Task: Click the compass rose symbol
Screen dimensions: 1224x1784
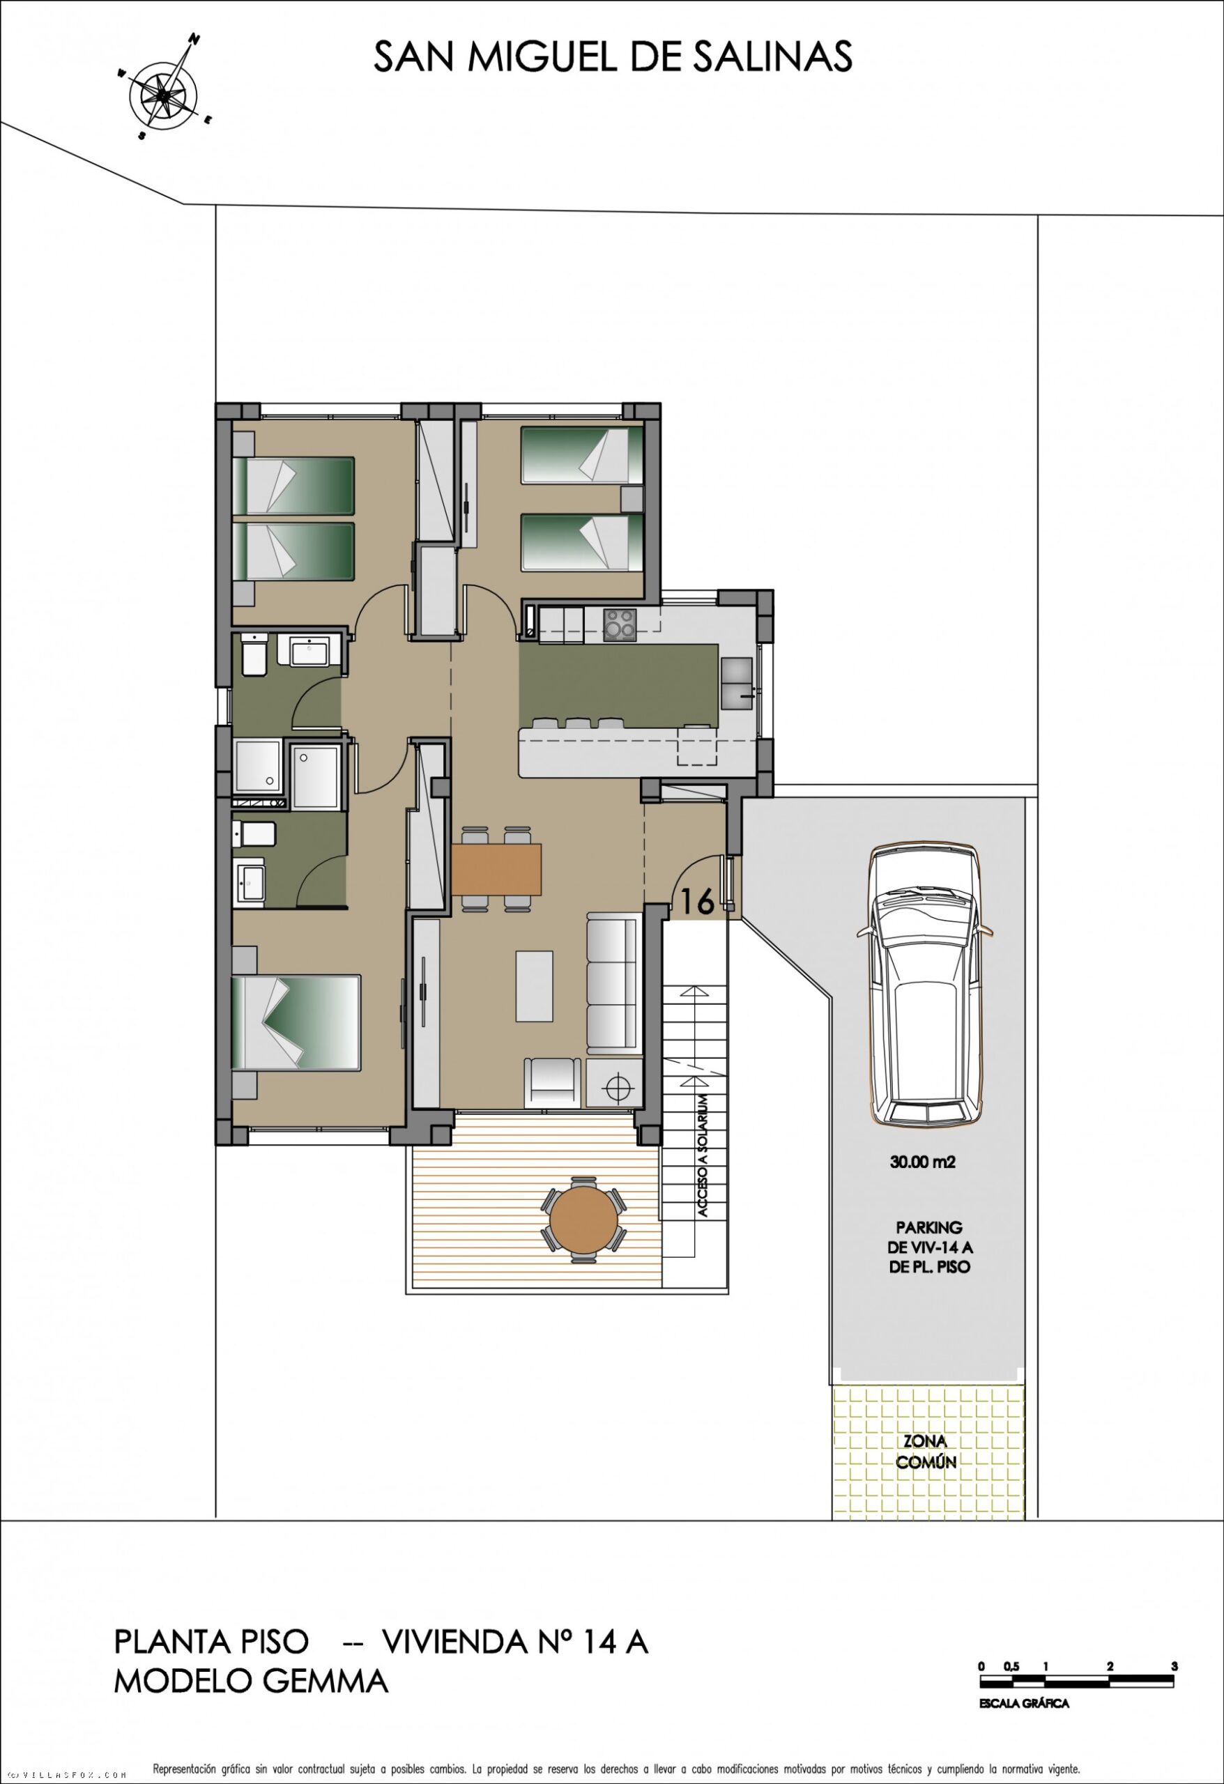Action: [x=164, y=94]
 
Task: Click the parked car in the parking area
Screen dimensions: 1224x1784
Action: [x=924, y=985]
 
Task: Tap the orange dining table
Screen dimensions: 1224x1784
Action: [x=497, y=869]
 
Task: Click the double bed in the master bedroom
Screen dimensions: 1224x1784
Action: [x=296, y=1022]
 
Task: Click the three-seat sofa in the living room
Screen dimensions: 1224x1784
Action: [x=612, y=983]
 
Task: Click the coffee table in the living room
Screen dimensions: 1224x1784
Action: [x=535, y=985]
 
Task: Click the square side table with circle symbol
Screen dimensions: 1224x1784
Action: [x=613, y=1083]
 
